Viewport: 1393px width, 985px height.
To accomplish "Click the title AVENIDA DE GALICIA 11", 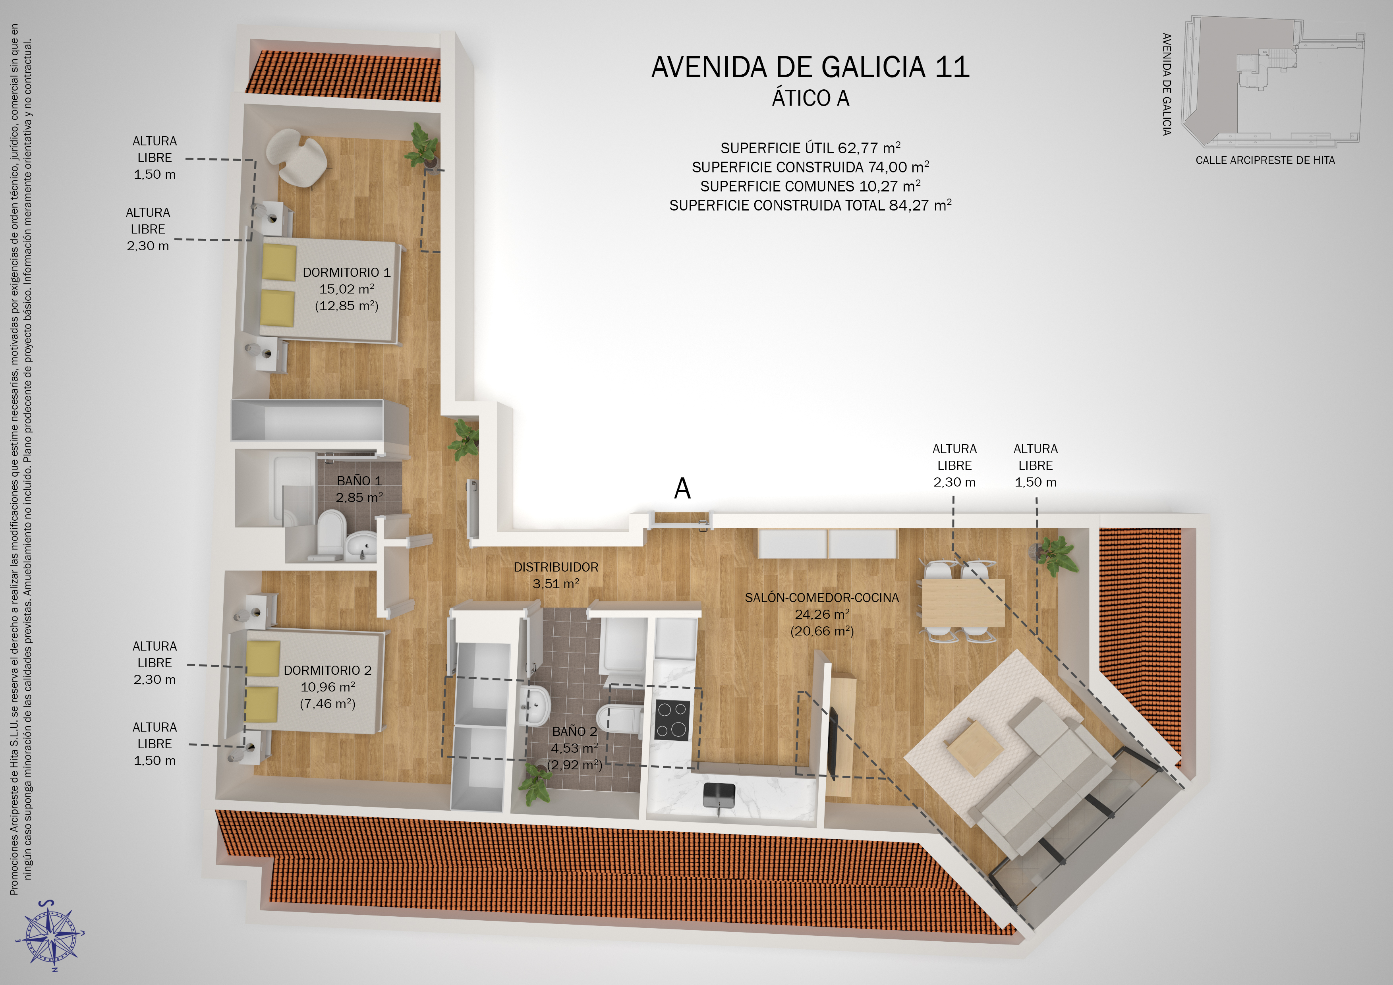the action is (x=811, y=67).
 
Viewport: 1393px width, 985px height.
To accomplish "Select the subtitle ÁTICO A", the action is (x=811, y=98).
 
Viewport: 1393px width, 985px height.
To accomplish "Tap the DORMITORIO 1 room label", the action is (x=346, y=272).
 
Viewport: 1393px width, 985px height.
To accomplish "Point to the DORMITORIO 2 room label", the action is (x=328, y=670).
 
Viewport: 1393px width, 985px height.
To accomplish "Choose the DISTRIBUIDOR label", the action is (x=556, y=567).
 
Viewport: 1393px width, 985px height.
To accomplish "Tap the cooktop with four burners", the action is (x=672, y=720).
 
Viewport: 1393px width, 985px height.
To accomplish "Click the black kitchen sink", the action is (x=719, y=796).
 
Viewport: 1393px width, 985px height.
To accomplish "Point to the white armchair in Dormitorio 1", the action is (x=297, y=158).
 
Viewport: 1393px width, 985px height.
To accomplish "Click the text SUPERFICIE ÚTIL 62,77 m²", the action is (x=811, y=148).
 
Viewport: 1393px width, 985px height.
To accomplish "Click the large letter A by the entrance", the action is (x=682, y=488).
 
